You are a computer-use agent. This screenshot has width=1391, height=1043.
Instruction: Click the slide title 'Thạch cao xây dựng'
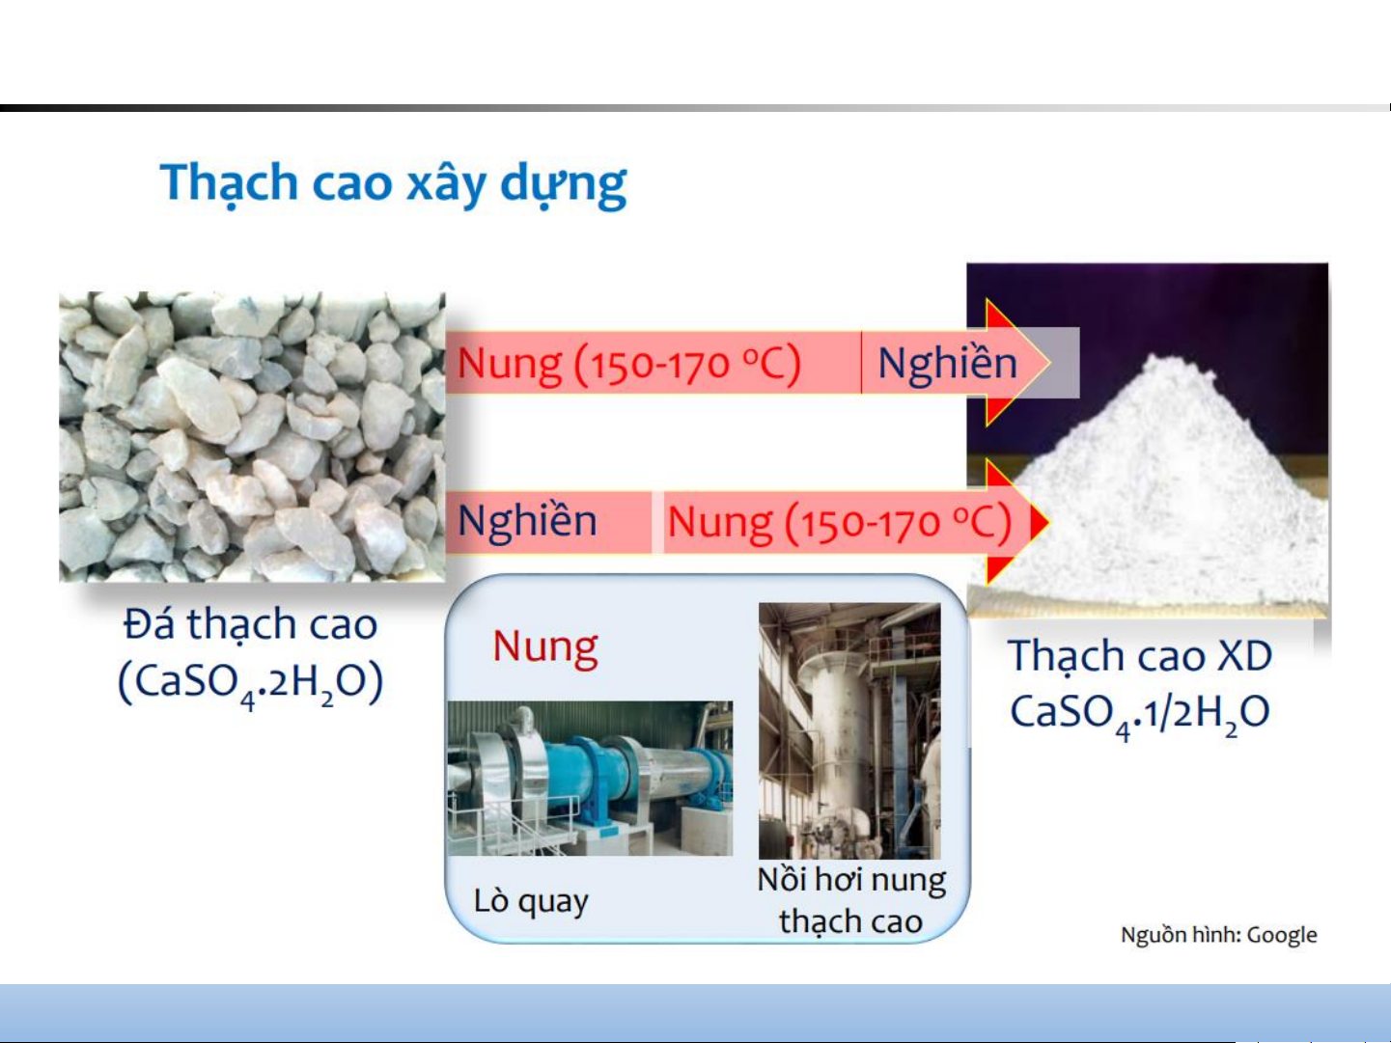[x=393, y=184]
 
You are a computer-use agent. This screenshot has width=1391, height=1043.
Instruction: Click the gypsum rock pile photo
[x=252, y=436]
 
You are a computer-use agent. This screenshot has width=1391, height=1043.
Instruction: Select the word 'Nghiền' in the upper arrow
[x=947, y=364]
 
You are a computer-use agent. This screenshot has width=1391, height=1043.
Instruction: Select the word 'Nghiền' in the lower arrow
[x=527, y=521]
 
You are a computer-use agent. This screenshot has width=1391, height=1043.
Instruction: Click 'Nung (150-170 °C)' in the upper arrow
[x=629, y=364]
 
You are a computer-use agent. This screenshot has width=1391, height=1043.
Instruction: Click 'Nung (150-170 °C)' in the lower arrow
[x=840, y=523]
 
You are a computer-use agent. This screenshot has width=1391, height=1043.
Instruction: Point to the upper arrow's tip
[x=1049, y=363]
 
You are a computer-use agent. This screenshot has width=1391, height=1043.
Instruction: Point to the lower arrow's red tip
[x=1048, y=522]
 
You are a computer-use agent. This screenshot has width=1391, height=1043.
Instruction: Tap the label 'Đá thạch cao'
[x=251, y=624]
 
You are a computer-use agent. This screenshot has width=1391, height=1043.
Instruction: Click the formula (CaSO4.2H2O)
[x=251, y=683]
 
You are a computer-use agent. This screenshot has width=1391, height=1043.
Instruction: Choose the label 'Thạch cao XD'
[x=1140, y=656]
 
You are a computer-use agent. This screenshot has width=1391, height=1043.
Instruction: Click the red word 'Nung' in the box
[x=545, y=647]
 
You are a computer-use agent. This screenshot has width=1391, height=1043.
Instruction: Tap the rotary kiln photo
[x=590, y=779]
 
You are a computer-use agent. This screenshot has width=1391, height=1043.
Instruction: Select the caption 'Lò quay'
[x=531, y=900]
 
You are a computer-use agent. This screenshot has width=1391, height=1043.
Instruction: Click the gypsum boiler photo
[x=849, y=730]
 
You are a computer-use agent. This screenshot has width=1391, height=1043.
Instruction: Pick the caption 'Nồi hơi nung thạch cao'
[x=851, y=900]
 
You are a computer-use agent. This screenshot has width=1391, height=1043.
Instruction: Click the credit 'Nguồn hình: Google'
[x=1218, y=935]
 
